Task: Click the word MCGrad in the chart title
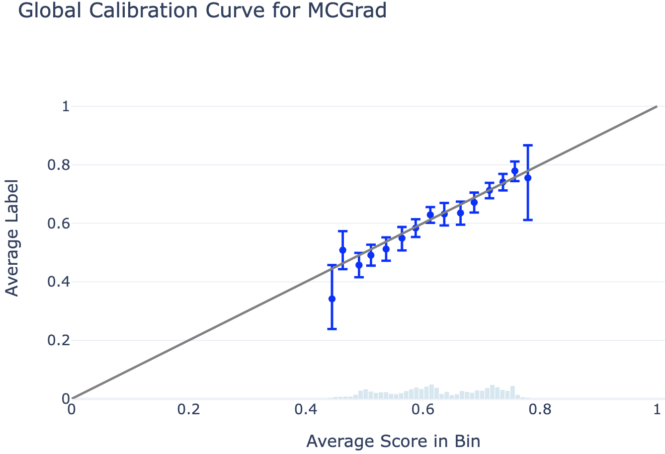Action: point(347,10)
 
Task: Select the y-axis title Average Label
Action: point(12,238)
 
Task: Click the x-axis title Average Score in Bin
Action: point(393,441)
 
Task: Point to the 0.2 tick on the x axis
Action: point(189,410)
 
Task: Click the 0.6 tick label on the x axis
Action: point(423,410)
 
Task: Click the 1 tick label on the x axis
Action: point(657,410)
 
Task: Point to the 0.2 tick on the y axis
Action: point(58,341)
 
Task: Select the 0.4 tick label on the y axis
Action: point(58,282)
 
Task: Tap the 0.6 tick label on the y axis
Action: point(58,224)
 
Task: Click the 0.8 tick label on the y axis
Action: point(58,165)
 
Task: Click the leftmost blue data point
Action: point(332,299)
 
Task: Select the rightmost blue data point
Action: point(528,177)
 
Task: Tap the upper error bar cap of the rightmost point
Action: point(528,145)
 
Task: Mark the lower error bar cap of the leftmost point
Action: point(332,329)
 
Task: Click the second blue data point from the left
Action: point(342,250)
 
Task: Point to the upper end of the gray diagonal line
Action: point(657,106)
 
